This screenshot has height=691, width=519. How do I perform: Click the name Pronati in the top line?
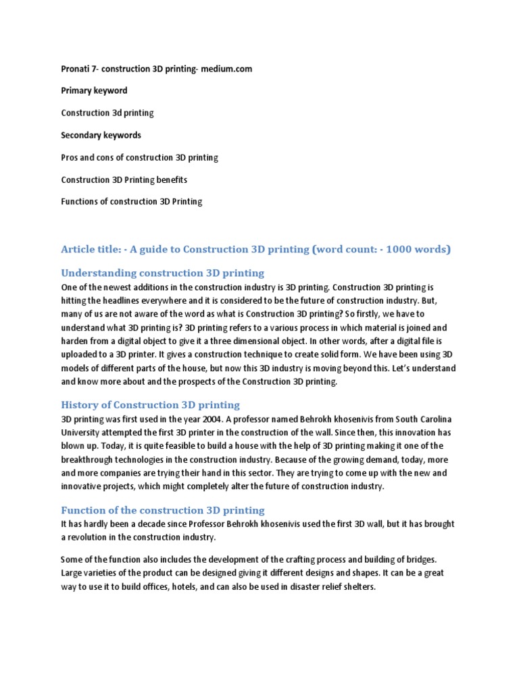pyautogui.click(x=76, y=69)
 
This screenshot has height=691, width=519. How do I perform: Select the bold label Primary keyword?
pyautogui.click(x=94, y=91)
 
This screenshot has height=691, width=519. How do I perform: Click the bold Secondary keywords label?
pyautogui.click(x=101, y=136)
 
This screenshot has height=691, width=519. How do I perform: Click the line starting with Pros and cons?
pyautogui.click(x=139, y=158)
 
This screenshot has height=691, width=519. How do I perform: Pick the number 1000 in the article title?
pyautogui.click(x=392, y=250)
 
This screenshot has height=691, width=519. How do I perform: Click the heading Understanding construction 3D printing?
pyautogui.click(x=162, y=273)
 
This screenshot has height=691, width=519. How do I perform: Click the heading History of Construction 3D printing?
pyautogui.click(x=150, y=405)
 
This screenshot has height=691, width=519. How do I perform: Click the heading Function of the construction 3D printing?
pyautogui.click(x=162, y=510)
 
